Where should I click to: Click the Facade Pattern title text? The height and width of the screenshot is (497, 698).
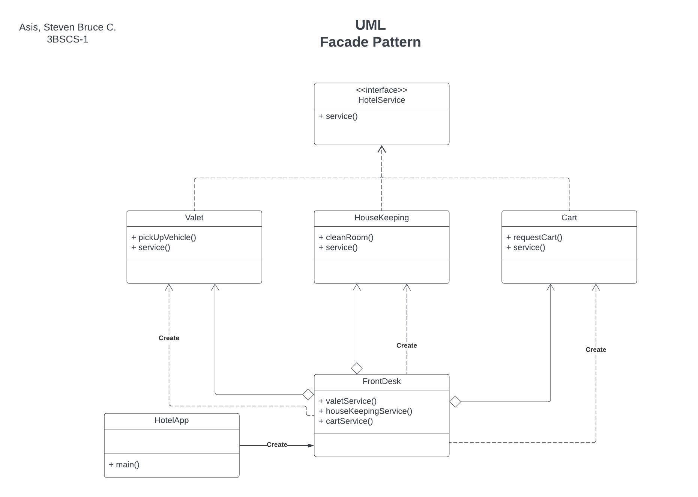[x=370, y=42]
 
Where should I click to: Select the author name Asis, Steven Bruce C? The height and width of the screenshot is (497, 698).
[x=68, y=27]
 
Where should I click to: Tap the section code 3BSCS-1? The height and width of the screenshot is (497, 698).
[x=68, y=39]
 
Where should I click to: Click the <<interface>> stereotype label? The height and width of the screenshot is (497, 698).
[x=381, y=90]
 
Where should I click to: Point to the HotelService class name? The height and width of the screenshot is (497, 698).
[x=381, y=100]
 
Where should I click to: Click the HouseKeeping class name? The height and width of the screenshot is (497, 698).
[x=381, y=218]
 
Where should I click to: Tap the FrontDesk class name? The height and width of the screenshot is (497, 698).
[x=381, y=381]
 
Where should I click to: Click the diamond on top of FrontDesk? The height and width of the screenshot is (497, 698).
[x=357, y=368]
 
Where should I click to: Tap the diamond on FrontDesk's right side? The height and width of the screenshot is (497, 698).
[x=455, y=402]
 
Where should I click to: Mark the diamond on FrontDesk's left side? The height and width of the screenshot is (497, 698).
[x=308, y=395]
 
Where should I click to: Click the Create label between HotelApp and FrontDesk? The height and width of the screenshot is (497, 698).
[x=277, y=445]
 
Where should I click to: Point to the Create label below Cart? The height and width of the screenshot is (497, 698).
[x=596, y=350]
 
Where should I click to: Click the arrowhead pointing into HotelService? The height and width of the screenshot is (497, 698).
[x=382, y=149]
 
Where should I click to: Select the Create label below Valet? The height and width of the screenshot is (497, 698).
[x=169, y=338]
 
